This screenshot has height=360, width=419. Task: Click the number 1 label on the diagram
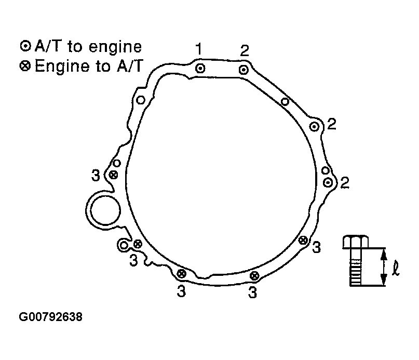tap(198, 49)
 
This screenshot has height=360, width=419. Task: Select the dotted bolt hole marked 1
tap(200, 69)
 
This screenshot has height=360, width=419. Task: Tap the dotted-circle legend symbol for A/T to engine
tap(25, 46)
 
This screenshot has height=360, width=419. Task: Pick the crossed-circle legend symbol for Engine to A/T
tap(25, 66)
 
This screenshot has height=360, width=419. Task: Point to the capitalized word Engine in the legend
tap(62, 66)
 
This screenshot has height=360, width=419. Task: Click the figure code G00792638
tap(51, 317)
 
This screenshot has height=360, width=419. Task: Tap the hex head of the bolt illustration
tap(356, 242)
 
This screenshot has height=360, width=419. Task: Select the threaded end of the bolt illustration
tap(356, 273)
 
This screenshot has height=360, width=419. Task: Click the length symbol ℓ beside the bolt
tap(396, 269)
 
